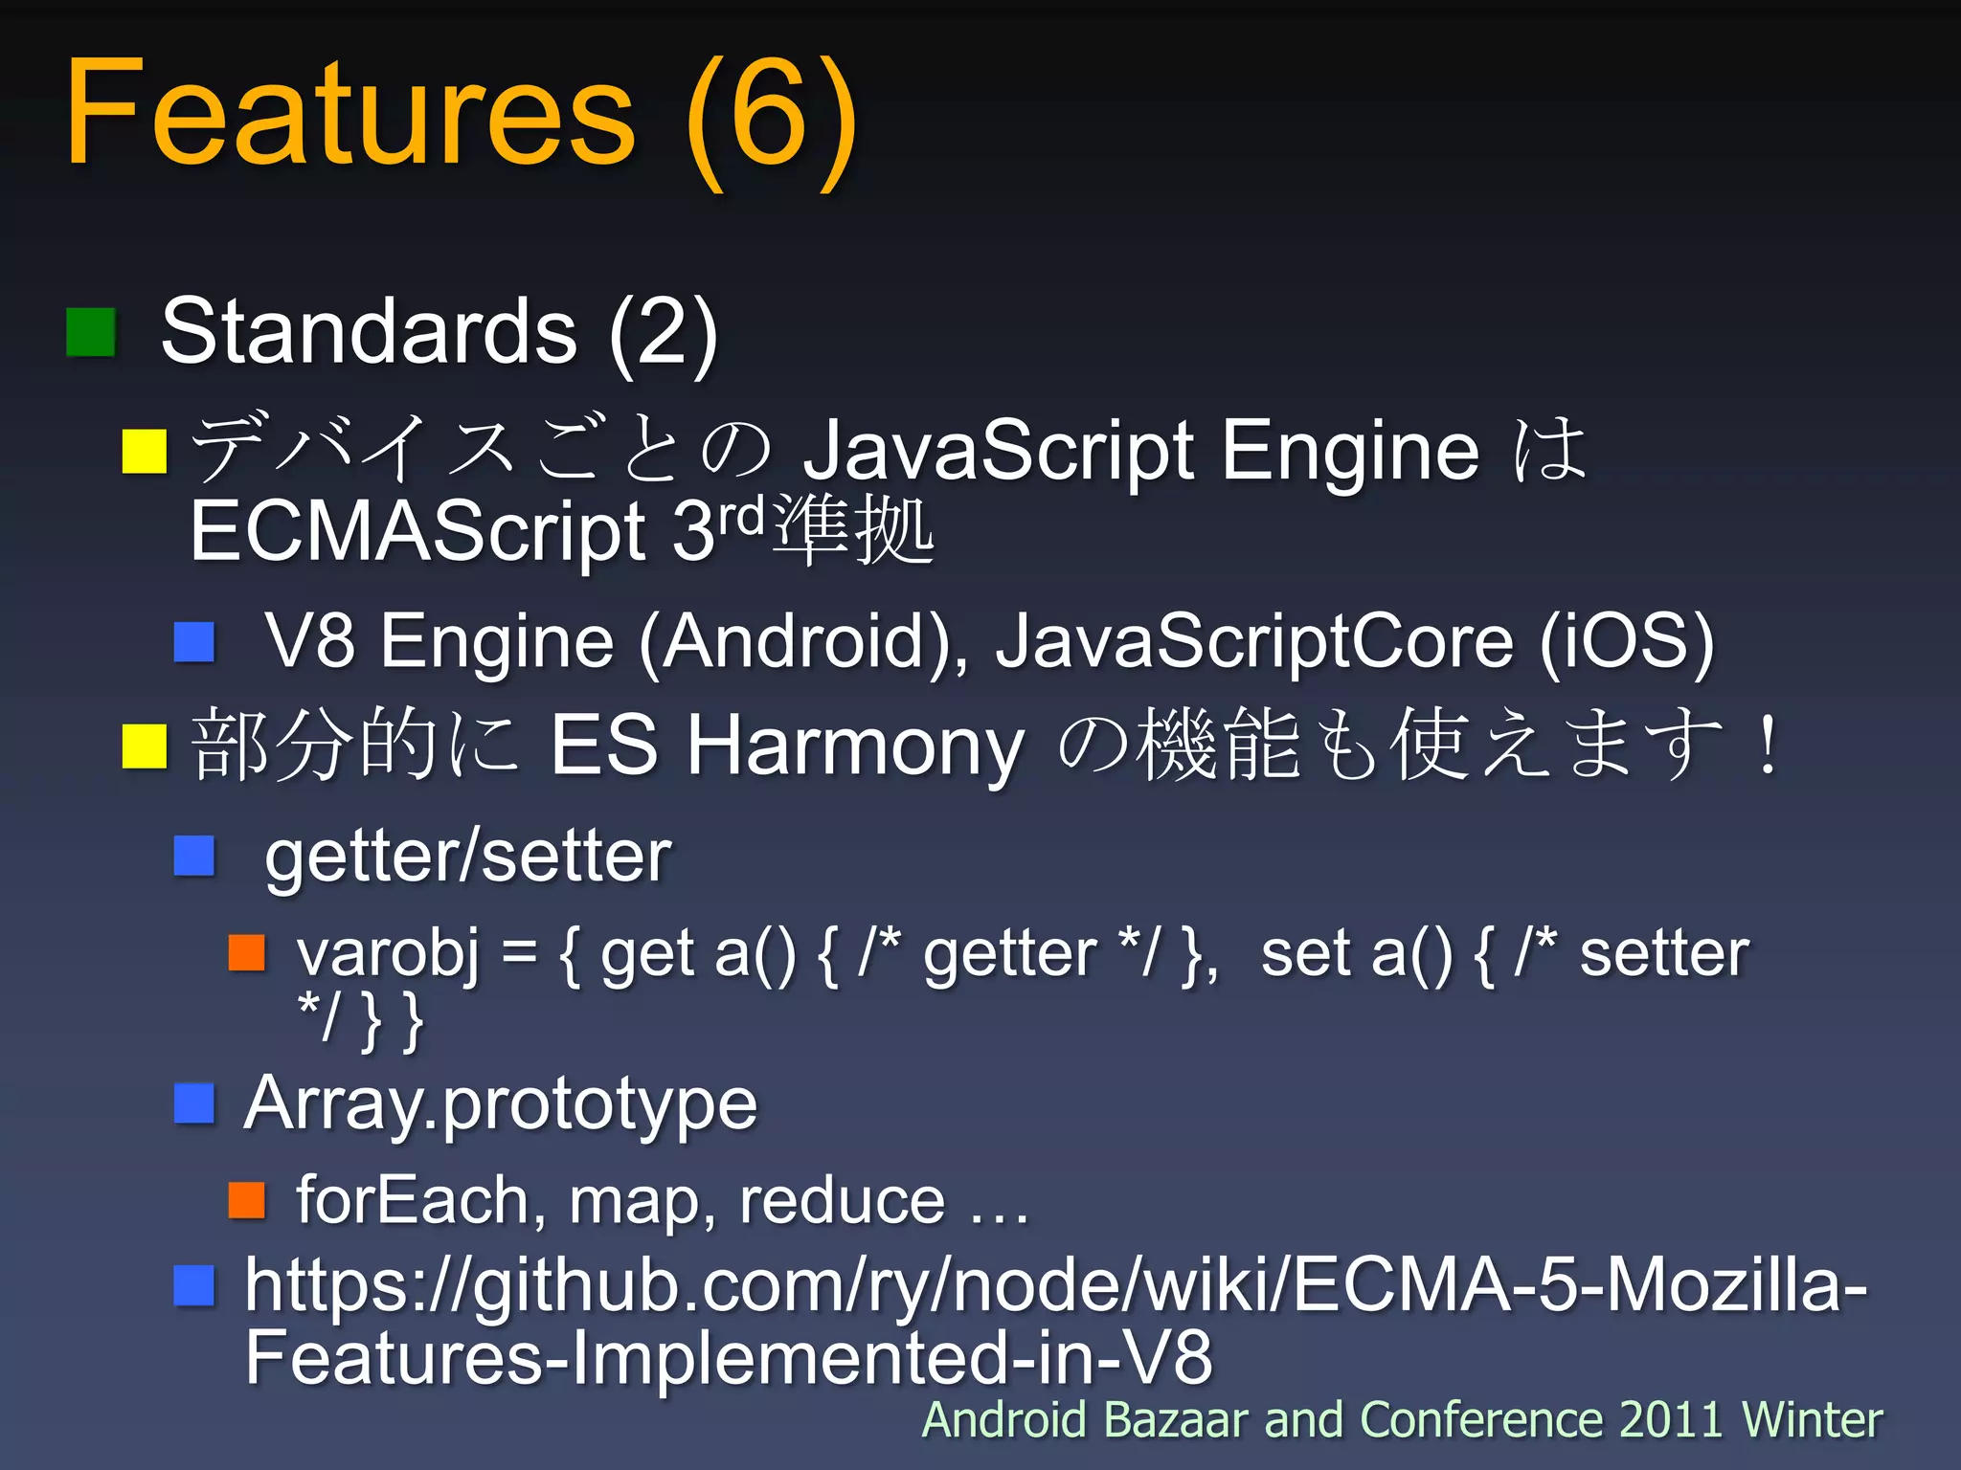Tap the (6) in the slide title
tap(772, 120)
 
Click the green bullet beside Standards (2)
tap(91, 332)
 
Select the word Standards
tap(369, 331)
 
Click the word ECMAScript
tap(417, 532)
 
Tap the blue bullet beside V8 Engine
tap(194, 642)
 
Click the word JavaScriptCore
tap(1255, 642)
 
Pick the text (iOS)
tap(1627, 642)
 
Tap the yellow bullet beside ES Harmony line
tap(145, 746)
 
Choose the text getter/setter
tap(468, 857)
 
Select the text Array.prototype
tap(501, 1104)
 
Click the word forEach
tap(412, 1200)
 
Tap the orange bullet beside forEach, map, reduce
tap(247, 1200)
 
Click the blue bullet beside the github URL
tap(194, 1285)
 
